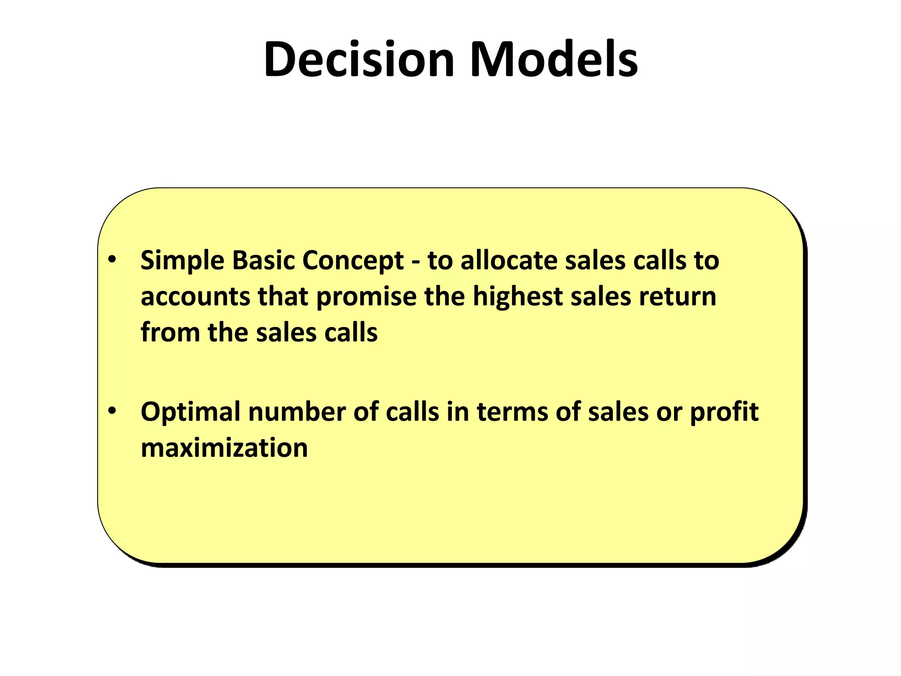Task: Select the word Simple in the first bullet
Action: click(x=183, y=261)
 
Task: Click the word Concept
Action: click(x=353, y=261)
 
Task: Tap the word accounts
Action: click(x=195, y=297)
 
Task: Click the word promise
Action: click(x=366, y=298)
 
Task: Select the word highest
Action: click(x=517, y=297)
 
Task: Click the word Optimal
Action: click(x=190, y=412)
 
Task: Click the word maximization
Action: click(x=224, y=448)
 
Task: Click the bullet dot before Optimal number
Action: click(x=112, y=411)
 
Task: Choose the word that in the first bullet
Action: click(x=282, y=297)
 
